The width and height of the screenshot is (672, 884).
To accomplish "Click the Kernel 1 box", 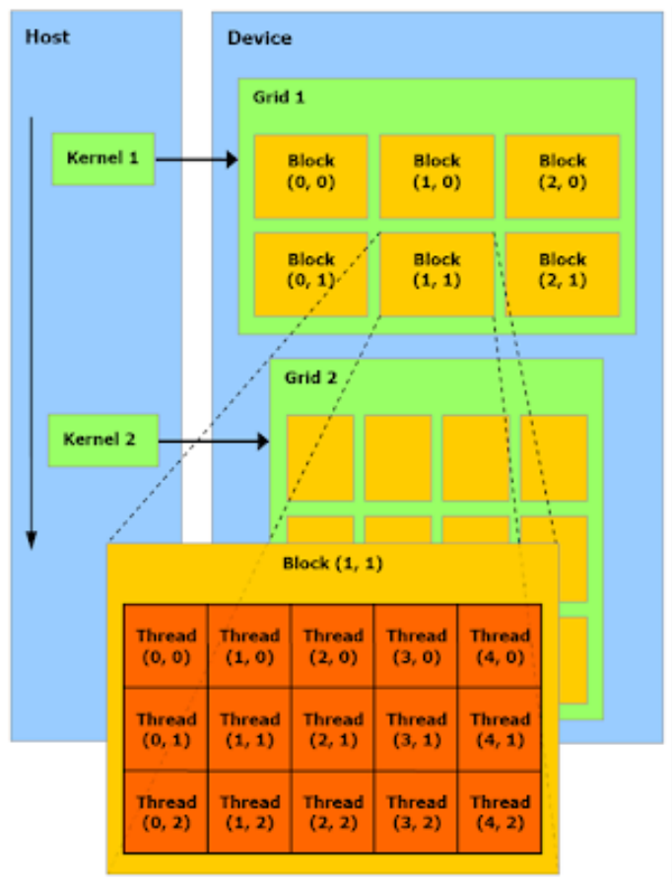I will coord(102,159).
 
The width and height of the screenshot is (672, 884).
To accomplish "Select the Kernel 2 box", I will coord(102,440).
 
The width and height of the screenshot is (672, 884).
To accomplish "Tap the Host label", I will coord(47,37).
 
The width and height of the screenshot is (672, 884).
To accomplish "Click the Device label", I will coord(259,38).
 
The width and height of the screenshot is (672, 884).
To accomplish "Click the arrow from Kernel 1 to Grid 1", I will coord(197,159).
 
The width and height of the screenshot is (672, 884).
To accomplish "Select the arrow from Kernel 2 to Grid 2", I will coord(214,441).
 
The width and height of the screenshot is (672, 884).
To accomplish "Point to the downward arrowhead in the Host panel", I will coord(32,539).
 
